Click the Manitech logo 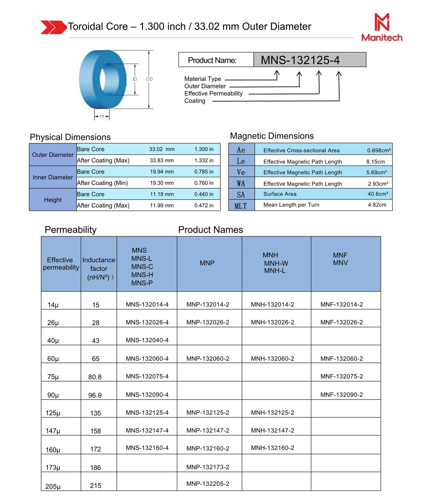[x=382, y=27]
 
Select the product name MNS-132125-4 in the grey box [x=300, y=60]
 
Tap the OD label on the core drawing [x=149, y=79]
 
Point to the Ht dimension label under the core [x=102, y=116]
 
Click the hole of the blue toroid [x=106, y=79]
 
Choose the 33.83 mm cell [x=162, y=160]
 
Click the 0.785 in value [x=204, y=172]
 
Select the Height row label [x=53, y=200]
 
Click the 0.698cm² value [x=379, y=150]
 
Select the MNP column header [x=207, y=263]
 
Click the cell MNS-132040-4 [x=147, y=340]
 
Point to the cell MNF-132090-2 [x=342, y=395]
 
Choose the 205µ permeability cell [x=53, y=486]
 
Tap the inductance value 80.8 [x=95, y=377]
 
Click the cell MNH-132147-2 [x=272, y=431]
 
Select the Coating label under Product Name [x=195, y=101]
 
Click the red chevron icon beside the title [x=53, y=27]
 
